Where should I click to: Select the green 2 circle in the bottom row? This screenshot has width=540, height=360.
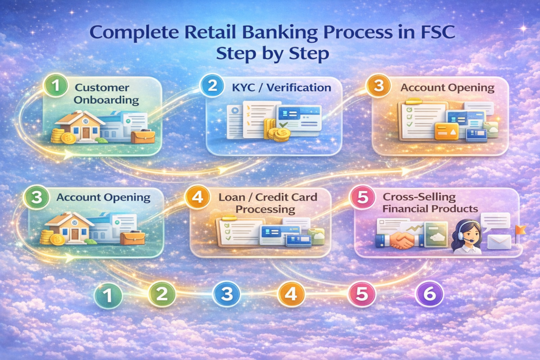click(162, 294)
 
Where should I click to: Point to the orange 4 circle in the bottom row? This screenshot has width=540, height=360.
click(291, 294)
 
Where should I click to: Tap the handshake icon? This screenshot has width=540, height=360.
click(402, 239)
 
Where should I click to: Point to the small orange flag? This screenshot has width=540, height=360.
click(521, 229)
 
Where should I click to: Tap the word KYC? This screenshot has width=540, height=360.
click(245, 86)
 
